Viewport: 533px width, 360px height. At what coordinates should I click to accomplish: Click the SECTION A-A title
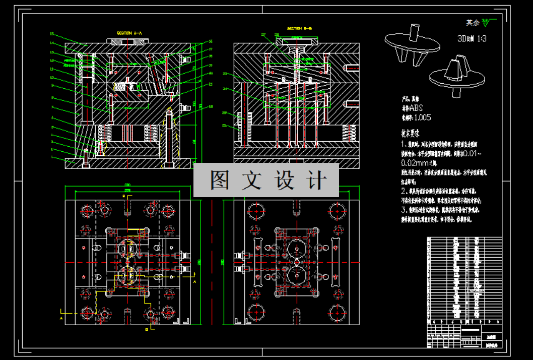pyautogui.click(x=129, y=33)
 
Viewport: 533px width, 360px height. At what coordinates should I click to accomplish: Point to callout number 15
pyautogui.click(x=52, y=34)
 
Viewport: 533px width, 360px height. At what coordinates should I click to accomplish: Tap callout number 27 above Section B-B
pyautogui.click(x=263, y=34)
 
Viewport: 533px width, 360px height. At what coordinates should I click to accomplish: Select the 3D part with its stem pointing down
pyautogui.click(x=457, y=76)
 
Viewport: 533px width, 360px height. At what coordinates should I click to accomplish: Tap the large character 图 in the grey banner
pyautogui.click(x=220, y=180)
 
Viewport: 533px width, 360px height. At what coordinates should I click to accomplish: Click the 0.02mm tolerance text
pyautogui.click(x=419, y=163)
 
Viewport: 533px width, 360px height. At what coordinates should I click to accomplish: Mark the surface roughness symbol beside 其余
pyautogui.click(x=487, y=22)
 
